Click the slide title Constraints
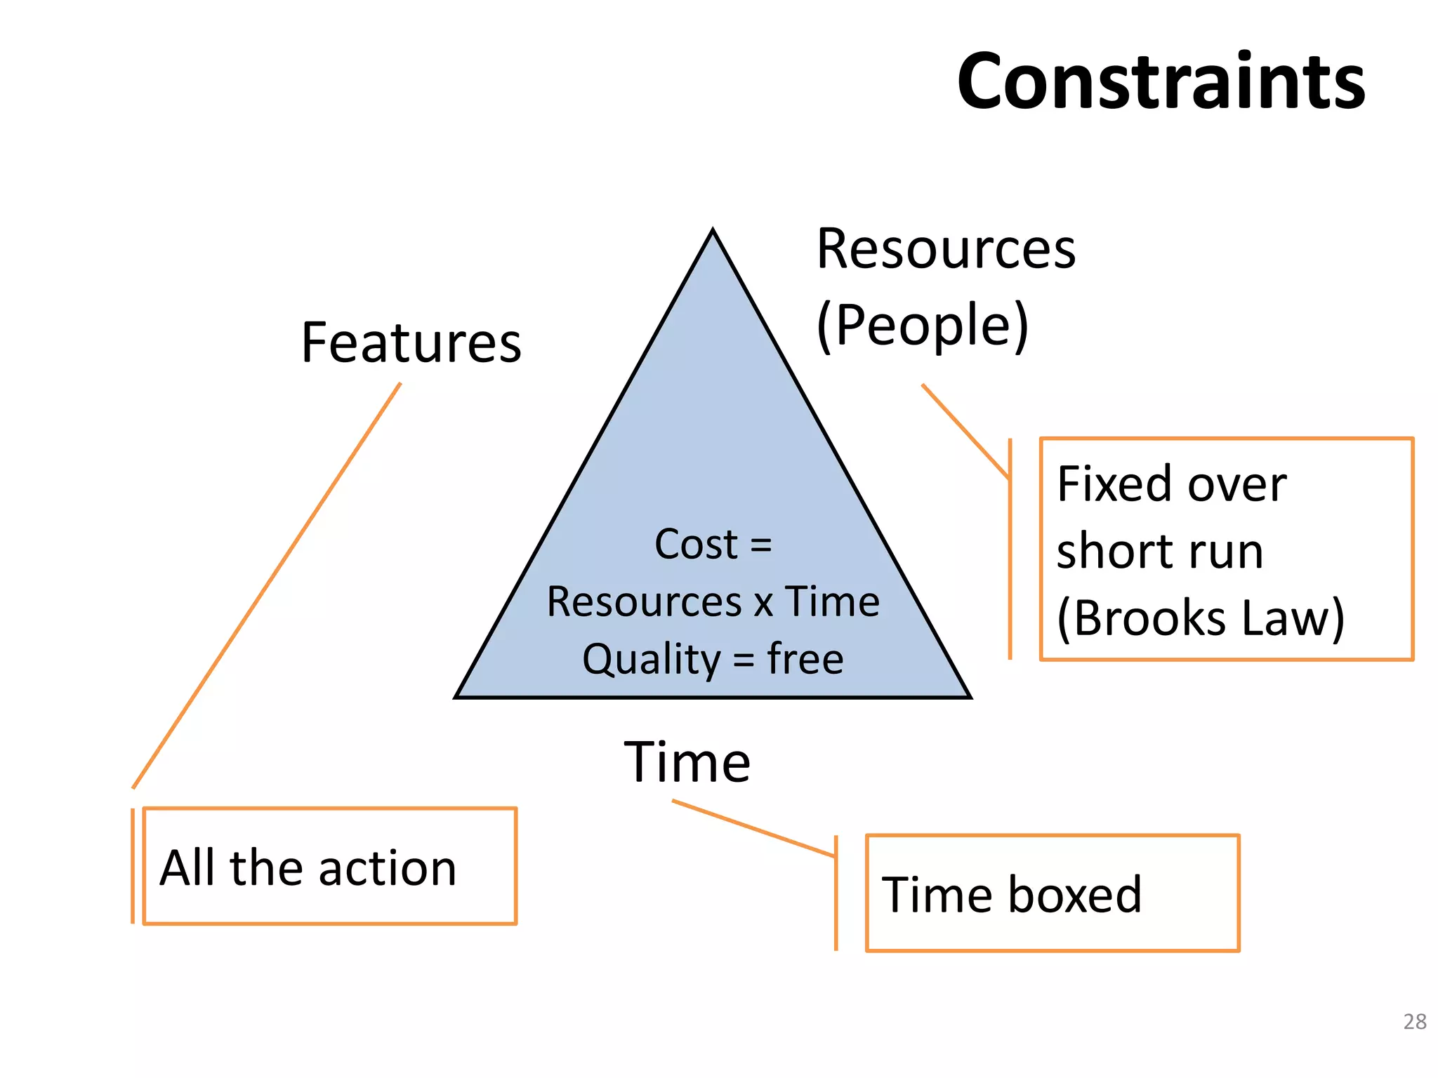pyautogui.click(x=1161, y=82)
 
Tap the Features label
pyautogui.click(x=411, y=343)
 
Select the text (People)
pyautogui.click(x=922, y=326)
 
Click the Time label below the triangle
pyautogui.click(x=687, y=762)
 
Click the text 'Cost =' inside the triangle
pyautogui.click(x=713, y=544)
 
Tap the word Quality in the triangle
pyautogui.click(x=651, y=660)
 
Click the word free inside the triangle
pyautogui.click(x=805, y=660)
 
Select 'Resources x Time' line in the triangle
pyautogui.click(x=713, y=602)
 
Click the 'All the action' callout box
pyautogui.click(x=329, y=867)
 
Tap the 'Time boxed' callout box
pyautogui.click(x=1052, y=893)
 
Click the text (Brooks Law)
pyautogui.click(x=1201, y=618)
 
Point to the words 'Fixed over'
pyautogui.click(x=1171, y=484)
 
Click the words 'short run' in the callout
pyautogui.click(x=1160, y=551)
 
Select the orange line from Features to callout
pyautogui.click(x=267, y=585)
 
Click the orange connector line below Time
pyautogui.click(x=753, y=829)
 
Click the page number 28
pyautogui.click(x=1414, y=1021)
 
